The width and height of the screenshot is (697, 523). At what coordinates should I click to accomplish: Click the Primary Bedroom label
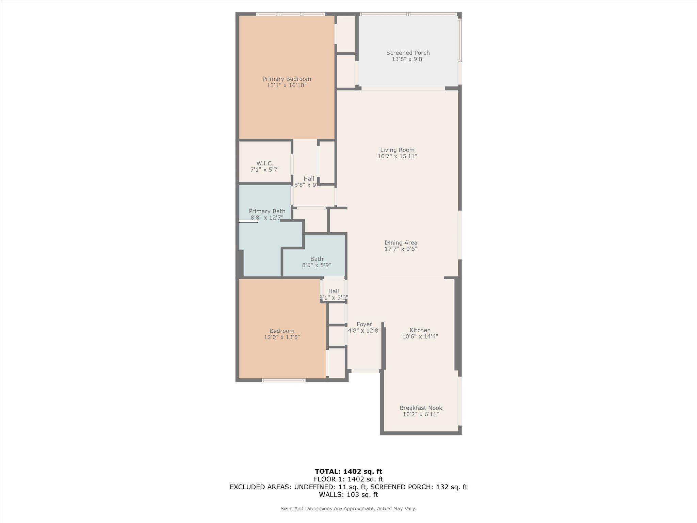[287, 79]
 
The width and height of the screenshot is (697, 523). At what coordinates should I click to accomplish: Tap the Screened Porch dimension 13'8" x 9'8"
[408, 59]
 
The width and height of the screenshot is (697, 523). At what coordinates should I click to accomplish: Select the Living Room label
[397, 150]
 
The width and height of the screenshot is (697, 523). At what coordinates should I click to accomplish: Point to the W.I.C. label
[265, 163]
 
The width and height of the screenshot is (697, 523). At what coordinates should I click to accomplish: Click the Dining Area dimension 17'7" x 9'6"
[401, 249]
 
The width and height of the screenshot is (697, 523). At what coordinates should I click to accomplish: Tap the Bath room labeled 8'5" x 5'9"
[317, 262]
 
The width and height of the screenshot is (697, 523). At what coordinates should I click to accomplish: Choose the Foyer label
[364, 324]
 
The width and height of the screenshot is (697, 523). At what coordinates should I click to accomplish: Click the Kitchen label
[420, 330]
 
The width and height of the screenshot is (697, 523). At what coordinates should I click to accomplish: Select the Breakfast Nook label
[421, 408]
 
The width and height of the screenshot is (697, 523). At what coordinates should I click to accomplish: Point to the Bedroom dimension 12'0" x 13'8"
[282, 337]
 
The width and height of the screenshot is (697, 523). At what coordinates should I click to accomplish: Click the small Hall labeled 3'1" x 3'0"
[334, 294]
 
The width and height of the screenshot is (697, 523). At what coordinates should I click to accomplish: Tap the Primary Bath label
[267, 211]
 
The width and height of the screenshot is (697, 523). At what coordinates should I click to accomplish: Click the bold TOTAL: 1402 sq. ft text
[348, 472]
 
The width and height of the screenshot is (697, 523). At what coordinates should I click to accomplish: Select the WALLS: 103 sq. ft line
[348, 495]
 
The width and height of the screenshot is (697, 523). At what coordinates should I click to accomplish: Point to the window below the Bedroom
[283, 380]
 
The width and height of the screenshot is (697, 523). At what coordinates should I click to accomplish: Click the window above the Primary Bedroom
[290, 14]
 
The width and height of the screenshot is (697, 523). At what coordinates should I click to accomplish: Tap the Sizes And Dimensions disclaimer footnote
[348, 508]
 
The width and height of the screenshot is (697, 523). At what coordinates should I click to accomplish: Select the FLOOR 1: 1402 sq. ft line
[348, 479]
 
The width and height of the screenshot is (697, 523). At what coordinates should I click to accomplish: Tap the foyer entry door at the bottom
[365, 371]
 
